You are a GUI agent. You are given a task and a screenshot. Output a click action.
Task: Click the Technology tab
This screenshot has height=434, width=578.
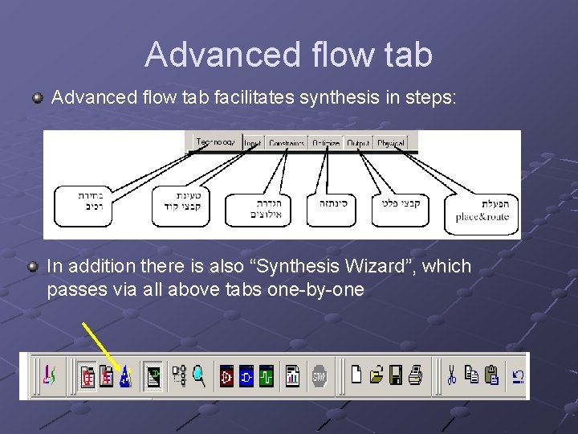(215, 142)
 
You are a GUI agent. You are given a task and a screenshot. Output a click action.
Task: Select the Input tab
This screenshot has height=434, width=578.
(253, 143)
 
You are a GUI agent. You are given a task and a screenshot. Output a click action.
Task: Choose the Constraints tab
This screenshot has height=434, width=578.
(287, 143)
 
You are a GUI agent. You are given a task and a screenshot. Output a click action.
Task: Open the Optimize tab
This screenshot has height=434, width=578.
(326, 143)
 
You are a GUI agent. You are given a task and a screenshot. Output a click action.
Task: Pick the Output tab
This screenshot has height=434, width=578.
(358, 143)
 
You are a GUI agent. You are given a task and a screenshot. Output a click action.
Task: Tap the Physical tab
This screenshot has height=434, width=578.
(390, 143)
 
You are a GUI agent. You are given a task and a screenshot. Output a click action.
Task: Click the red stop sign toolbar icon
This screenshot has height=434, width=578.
(320, 375)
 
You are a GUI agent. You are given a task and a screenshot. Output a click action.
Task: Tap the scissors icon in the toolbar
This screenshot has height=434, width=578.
(452, 375)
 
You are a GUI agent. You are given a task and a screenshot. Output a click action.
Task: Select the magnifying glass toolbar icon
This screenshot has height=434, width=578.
(199, 375)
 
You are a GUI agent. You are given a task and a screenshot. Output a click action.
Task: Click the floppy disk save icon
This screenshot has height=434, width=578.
(396, 375)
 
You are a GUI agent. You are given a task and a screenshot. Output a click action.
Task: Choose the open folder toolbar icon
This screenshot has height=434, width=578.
(377, 375)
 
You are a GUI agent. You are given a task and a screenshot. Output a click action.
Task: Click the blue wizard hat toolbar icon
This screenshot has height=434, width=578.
(124, 376)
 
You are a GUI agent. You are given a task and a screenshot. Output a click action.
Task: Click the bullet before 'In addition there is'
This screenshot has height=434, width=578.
(33, 266)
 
